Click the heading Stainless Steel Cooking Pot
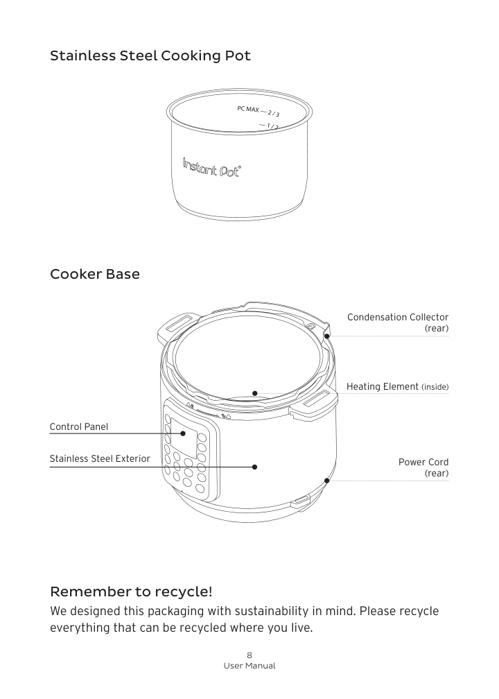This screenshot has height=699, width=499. [150, 55]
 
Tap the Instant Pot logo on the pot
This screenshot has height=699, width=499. [212, 168]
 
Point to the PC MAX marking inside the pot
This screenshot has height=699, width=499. [247, 110]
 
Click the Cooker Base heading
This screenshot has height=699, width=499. [94, 274]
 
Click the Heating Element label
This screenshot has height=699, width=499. [397, 386]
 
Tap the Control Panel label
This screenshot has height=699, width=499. [79, 426]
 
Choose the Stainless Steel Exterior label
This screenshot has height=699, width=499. [99, 459]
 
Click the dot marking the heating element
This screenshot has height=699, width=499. [255, 393]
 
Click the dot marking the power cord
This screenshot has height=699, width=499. [326, 480]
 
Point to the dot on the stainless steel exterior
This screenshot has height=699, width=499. [255, 467]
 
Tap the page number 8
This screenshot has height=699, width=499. [249, 655]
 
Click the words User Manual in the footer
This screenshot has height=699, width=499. [249, 666]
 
